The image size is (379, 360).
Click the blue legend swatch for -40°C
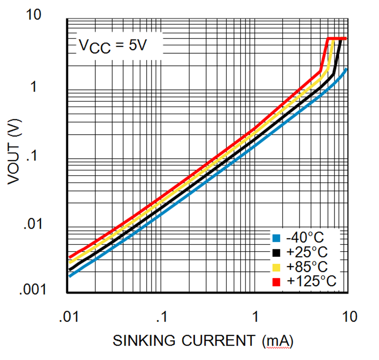tap(276, 238)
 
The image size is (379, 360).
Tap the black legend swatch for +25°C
tap(276, 252)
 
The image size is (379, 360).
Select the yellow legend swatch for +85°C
tap(276, 267)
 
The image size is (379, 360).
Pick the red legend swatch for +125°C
tap(276, 282)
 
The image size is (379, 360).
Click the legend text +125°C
tap(311, 282)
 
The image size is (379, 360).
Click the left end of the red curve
tap(70, 257)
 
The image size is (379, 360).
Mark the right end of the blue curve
tap(346, 69)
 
